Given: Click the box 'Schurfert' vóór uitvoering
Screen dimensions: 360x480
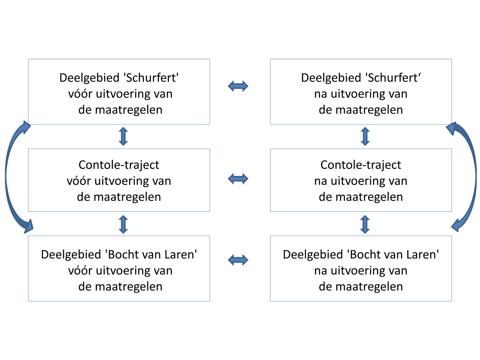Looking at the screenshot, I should coord(119,92).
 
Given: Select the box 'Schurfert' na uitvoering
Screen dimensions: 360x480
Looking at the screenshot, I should coord(361,92).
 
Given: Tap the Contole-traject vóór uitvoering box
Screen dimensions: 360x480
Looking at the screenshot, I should coord(119,180).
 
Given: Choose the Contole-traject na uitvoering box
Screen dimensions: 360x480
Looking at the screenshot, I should coord(361,180).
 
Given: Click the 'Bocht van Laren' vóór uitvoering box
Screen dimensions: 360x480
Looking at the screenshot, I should coord(119,269).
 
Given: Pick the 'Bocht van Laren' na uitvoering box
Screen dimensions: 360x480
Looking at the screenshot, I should coord(361,269).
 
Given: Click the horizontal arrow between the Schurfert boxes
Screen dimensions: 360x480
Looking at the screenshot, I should coord(238,86).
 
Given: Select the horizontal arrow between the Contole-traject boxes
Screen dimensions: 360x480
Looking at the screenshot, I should coord(238,179).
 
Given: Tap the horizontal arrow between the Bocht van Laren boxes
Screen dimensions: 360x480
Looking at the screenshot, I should coord(238,260).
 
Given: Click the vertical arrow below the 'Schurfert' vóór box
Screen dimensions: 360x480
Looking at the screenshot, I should coord(123,136).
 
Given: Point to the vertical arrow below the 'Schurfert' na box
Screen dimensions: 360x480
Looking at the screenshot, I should coord(365,136).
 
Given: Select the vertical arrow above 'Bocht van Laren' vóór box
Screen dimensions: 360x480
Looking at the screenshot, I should coord(123,224).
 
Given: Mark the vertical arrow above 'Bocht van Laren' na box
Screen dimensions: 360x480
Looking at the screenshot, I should coord(365,224).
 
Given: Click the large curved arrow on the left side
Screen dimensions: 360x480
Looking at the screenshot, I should coord(8,177).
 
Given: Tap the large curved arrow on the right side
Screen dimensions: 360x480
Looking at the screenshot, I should coord(474,177).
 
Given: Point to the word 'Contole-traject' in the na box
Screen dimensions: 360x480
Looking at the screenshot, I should coord(361,165).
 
